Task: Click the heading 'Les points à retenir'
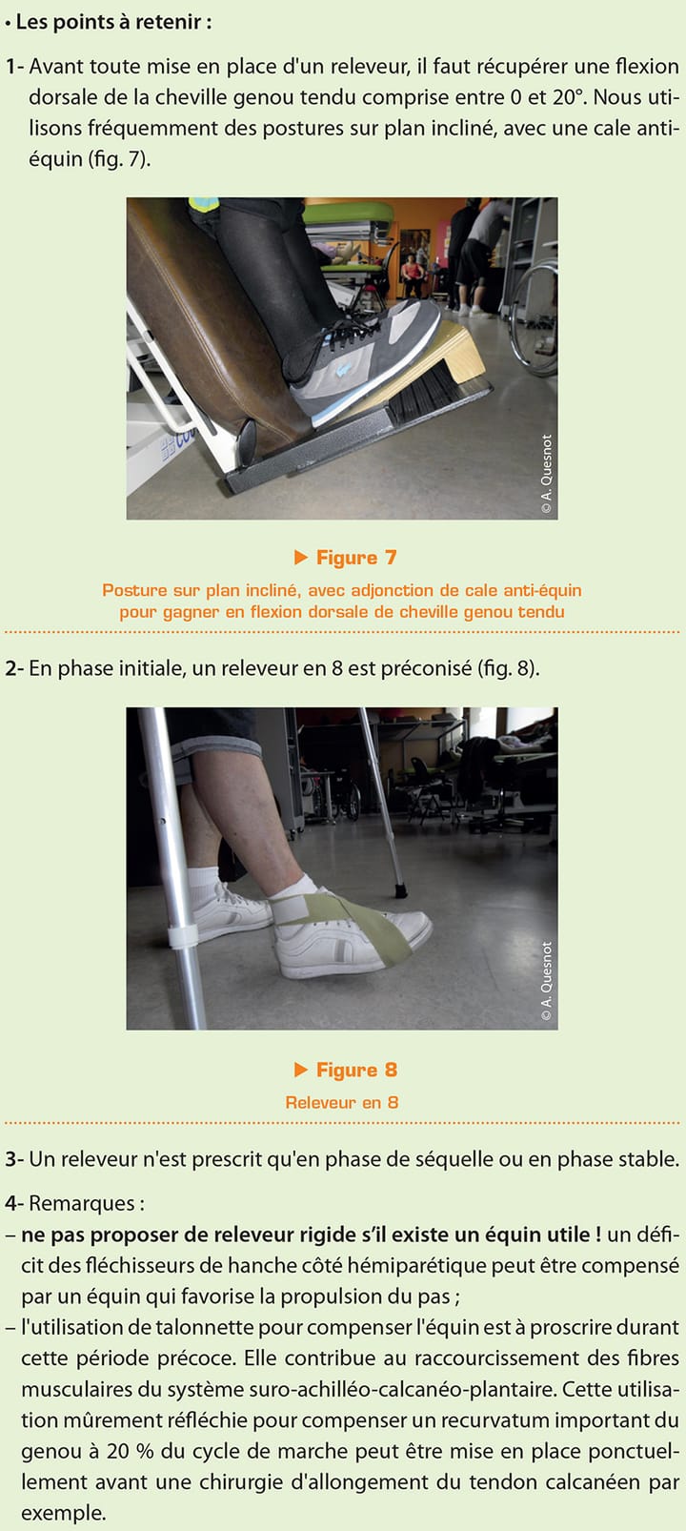coord(112,22)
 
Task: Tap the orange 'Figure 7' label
coord(355,558)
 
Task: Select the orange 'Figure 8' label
coord(355,1070)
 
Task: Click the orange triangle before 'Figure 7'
coord(301,557)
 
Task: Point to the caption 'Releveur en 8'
coord(342,1102)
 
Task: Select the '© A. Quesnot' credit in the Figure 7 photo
coord(546,474)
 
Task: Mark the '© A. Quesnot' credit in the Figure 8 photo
coord(546,982)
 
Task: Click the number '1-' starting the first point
coord(14,67)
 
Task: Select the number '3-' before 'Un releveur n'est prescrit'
coord(14,1159)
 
